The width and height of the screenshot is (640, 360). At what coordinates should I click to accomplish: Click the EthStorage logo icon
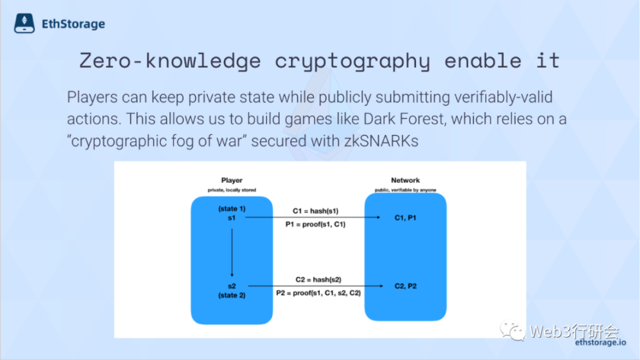point(24,23)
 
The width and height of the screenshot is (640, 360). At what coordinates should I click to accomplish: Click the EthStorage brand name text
point(74,24)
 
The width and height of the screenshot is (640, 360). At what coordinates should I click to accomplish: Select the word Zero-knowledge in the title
point(170,61)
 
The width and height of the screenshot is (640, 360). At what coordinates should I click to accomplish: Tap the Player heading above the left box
point(232,180)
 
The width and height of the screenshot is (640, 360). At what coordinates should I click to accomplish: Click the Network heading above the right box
point(406,180)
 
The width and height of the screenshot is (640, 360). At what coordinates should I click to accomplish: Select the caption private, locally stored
point(232,190)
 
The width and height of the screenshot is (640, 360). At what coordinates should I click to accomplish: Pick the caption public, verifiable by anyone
point(406,190)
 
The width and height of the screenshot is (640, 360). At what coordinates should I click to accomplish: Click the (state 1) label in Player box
point(232,209)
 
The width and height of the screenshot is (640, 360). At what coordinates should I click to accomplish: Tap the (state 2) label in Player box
point(232,295)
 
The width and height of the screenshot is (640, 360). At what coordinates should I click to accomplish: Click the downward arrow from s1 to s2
point(232,253)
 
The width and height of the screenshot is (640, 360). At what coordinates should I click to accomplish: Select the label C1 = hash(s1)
point(315,211)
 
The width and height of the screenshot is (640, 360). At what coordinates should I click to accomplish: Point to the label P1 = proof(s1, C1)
point(315,224)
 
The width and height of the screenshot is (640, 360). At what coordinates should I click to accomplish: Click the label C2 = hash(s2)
point(319,280)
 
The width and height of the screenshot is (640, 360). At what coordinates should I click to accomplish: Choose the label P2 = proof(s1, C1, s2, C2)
point(319,293)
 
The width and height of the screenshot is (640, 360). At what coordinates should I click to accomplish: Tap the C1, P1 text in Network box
point(406,218)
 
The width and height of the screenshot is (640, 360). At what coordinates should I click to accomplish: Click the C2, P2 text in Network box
point(406,286)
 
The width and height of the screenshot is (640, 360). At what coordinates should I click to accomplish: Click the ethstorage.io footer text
point(600,342)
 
